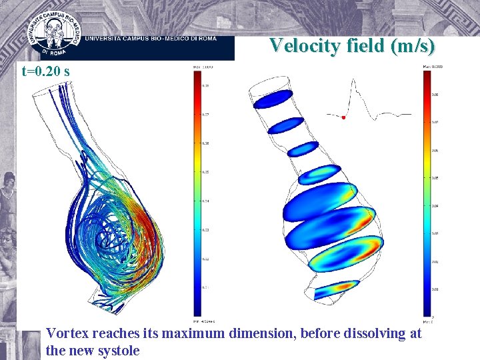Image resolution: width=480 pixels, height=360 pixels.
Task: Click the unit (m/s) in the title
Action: click(x=414, y=46)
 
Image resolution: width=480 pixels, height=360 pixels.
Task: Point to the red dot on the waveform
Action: click(x=343, y=117)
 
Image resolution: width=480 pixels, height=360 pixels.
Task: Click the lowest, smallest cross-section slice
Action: click(x=337, y=289)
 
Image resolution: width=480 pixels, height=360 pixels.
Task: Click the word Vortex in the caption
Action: click(x=68, y=333)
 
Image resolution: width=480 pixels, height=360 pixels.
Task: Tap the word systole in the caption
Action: click(x=118, y=350)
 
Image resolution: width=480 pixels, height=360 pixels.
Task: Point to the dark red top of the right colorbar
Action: click(x=427, y=77)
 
